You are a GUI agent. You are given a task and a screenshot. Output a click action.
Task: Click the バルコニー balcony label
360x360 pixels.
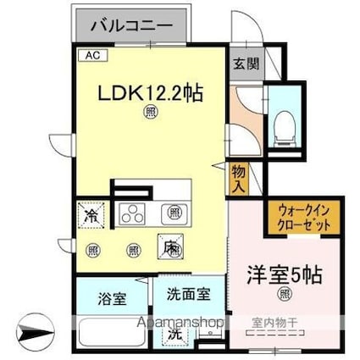tap(136, 25)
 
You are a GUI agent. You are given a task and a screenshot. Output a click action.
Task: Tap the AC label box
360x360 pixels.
tap(91, 55)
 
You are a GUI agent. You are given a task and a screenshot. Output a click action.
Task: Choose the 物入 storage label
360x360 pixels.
tap(239, 178)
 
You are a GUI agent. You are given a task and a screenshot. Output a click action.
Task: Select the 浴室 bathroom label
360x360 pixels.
tap(111, 298)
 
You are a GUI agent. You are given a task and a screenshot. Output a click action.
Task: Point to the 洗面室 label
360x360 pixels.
tap(188, 295)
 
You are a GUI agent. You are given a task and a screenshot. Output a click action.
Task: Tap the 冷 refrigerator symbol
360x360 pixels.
tap(90, 217)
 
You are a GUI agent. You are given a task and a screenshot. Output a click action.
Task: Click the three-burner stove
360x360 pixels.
tap(132, 213)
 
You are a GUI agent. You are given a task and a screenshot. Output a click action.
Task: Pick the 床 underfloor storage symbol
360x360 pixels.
tap(171, 247)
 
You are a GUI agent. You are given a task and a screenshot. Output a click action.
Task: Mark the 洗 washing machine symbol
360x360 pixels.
tap(173, 334)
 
